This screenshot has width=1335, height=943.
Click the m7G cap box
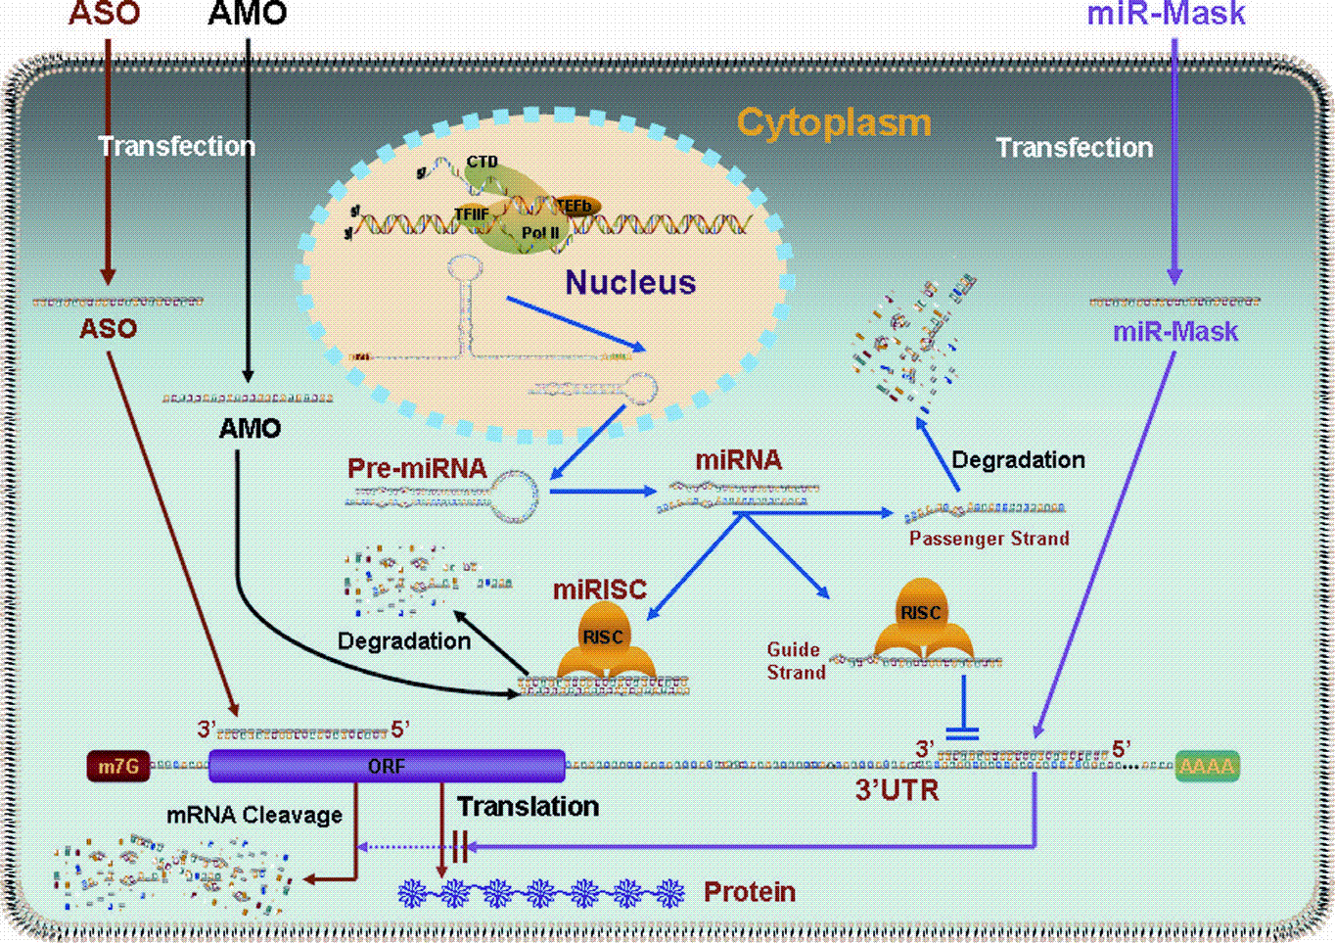point(118,766)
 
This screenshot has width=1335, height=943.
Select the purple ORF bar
point(387,766)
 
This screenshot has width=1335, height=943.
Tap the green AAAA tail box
point(1207,766)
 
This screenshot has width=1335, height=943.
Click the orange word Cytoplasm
point(833,123)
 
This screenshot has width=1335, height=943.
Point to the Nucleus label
point(630,283)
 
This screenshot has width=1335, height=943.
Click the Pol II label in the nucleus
point(540,233)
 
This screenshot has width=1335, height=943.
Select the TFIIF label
point(472,213)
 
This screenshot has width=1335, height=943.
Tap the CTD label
point(482,162)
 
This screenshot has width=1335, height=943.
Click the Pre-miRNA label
point(417,468)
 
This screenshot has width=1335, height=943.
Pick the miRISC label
point(599,589)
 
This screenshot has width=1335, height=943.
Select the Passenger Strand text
point(989,538)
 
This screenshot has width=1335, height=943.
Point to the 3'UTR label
point(897,790)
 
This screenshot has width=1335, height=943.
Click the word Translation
point(528,807)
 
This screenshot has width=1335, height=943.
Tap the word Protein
point(750,892)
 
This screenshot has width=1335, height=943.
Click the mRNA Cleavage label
point(254,815)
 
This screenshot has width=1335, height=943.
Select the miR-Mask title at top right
point(1166,14)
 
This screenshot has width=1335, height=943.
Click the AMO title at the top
point(248,14)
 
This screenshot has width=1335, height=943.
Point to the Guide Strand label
point(795,661)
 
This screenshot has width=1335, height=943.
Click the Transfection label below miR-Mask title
point(1074,148)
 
